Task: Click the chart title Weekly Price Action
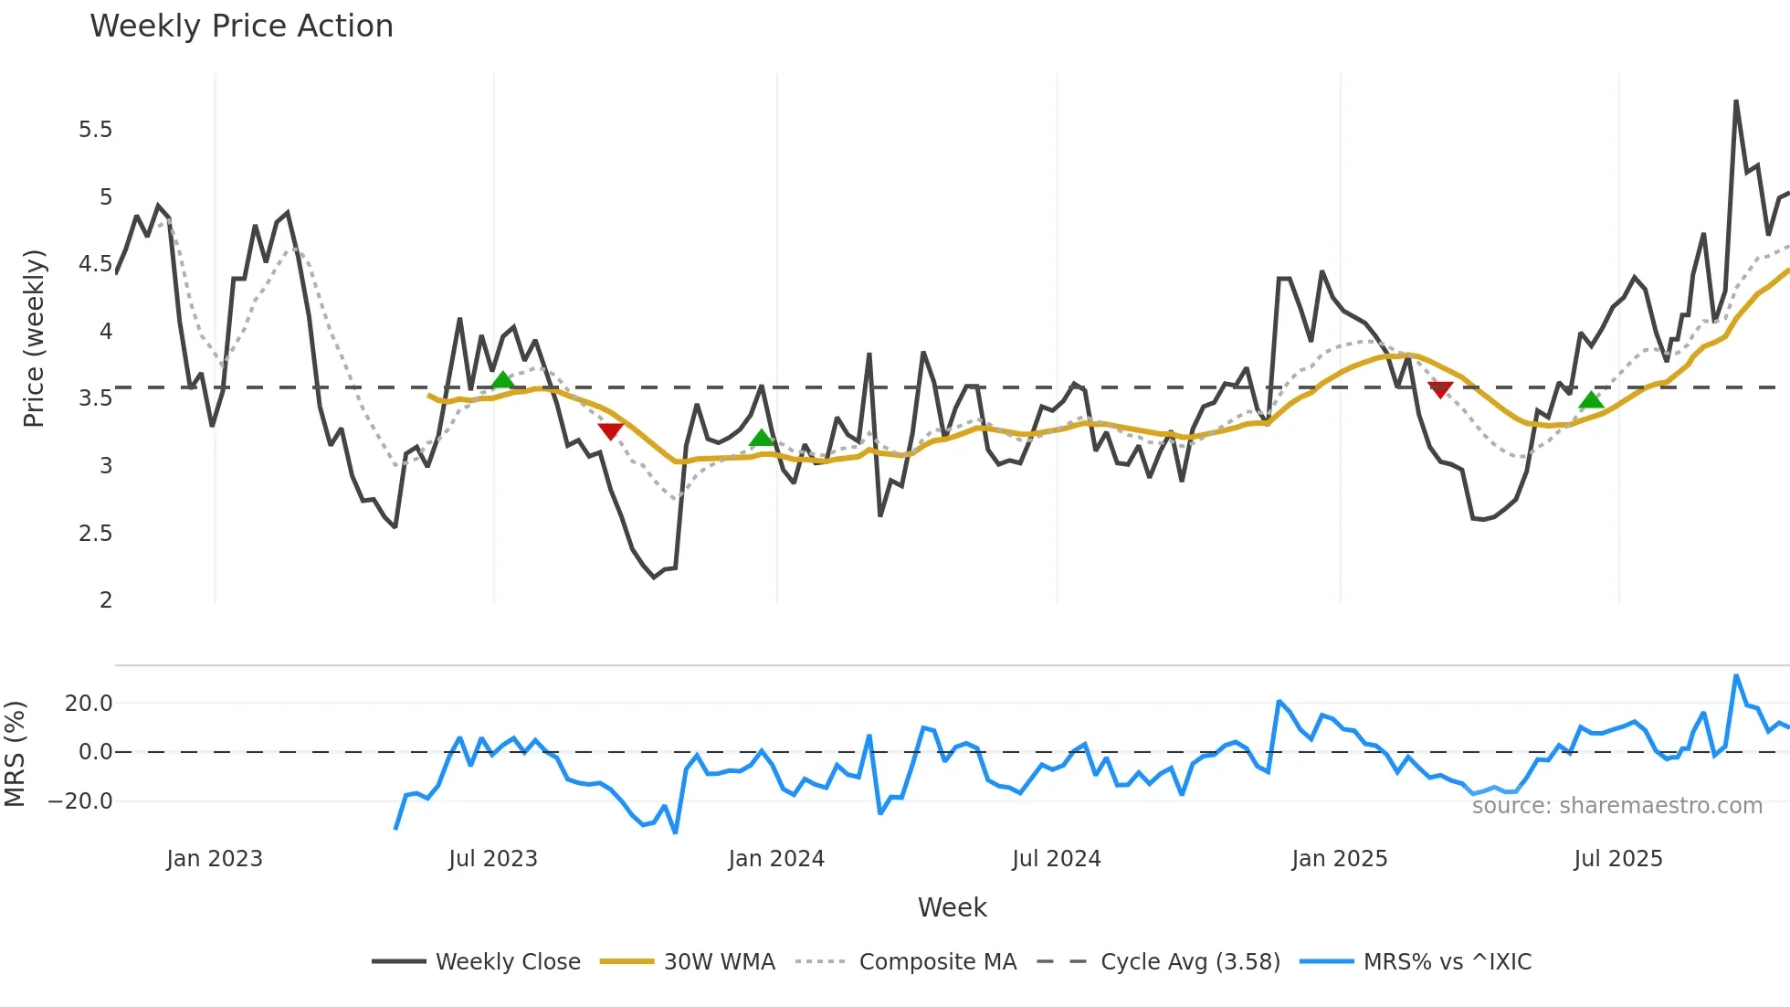click(x=241, y=26)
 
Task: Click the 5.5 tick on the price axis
click(x=95, y=130)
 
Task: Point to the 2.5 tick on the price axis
click(x=95, y=533)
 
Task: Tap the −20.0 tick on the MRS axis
click(x=80, y=801)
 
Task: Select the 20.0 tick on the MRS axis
click(x=89, y=704)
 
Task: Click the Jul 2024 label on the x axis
click(x=1056, y=859)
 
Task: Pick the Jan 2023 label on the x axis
click(x=215, y=859)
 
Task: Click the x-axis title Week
click(x=952, y=907)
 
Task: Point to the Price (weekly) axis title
click(x=34, y=338)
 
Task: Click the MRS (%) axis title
click(x=15, y=754)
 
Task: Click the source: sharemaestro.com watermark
click(x=1616, y=806)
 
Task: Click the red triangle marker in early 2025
click(x=1440, y=390)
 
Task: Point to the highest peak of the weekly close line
click(x=1736, y=101)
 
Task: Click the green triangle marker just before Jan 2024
click(x=762, y=439)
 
